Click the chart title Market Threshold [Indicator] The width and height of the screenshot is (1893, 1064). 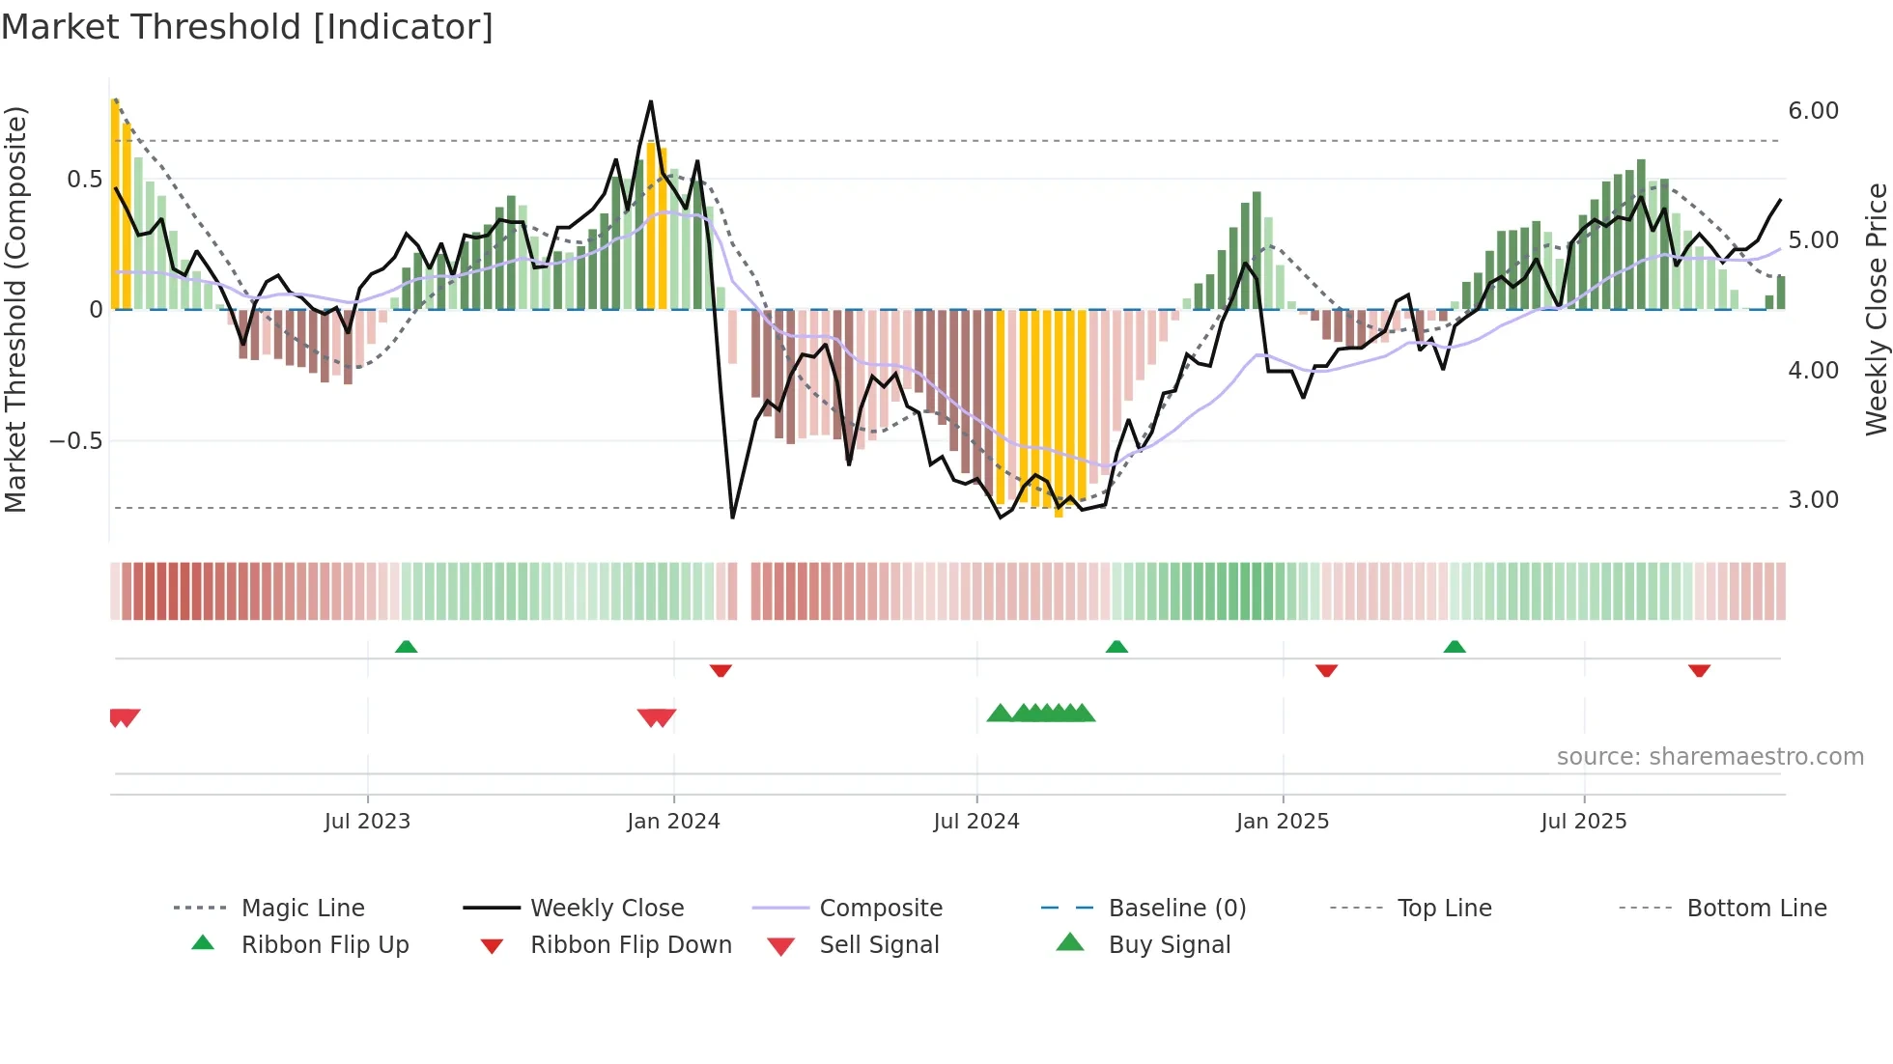coord(247,27)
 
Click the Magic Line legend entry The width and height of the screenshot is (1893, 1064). coord(302,909)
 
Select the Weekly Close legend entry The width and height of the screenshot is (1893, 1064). coord(607,909)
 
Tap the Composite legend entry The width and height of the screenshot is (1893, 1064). coord(881,909)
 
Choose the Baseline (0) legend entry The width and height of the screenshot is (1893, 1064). coord(1176,909)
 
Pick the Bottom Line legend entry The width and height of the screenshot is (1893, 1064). coord(1756,909)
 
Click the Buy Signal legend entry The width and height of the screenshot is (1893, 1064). coord(1169,945)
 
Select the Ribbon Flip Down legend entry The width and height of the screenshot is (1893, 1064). coord(631,945)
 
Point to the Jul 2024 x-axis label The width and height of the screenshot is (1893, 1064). coord(976,822)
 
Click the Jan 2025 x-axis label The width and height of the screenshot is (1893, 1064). coord(1283,822)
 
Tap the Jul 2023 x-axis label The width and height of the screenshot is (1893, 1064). coord(367,822)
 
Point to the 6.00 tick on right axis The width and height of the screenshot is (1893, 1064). coord(1813,111)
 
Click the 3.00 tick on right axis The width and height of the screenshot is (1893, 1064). coord(1813,500)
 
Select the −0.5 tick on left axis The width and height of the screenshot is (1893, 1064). coord(75,441)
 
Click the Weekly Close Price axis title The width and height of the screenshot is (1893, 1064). coord(1876,309)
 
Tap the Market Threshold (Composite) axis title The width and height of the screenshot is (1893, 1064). coord(15,309)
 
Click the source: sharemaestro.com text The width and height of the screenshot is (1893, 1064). coord(1709,757)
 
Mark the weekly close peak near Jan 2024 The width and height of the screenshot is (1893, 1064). coord(651,101)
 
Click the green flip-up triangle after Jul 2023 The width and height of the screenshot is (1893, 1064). coord(406,647)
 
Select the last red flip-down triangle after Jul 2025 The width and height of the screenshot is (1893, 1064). coord(1699,670)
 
